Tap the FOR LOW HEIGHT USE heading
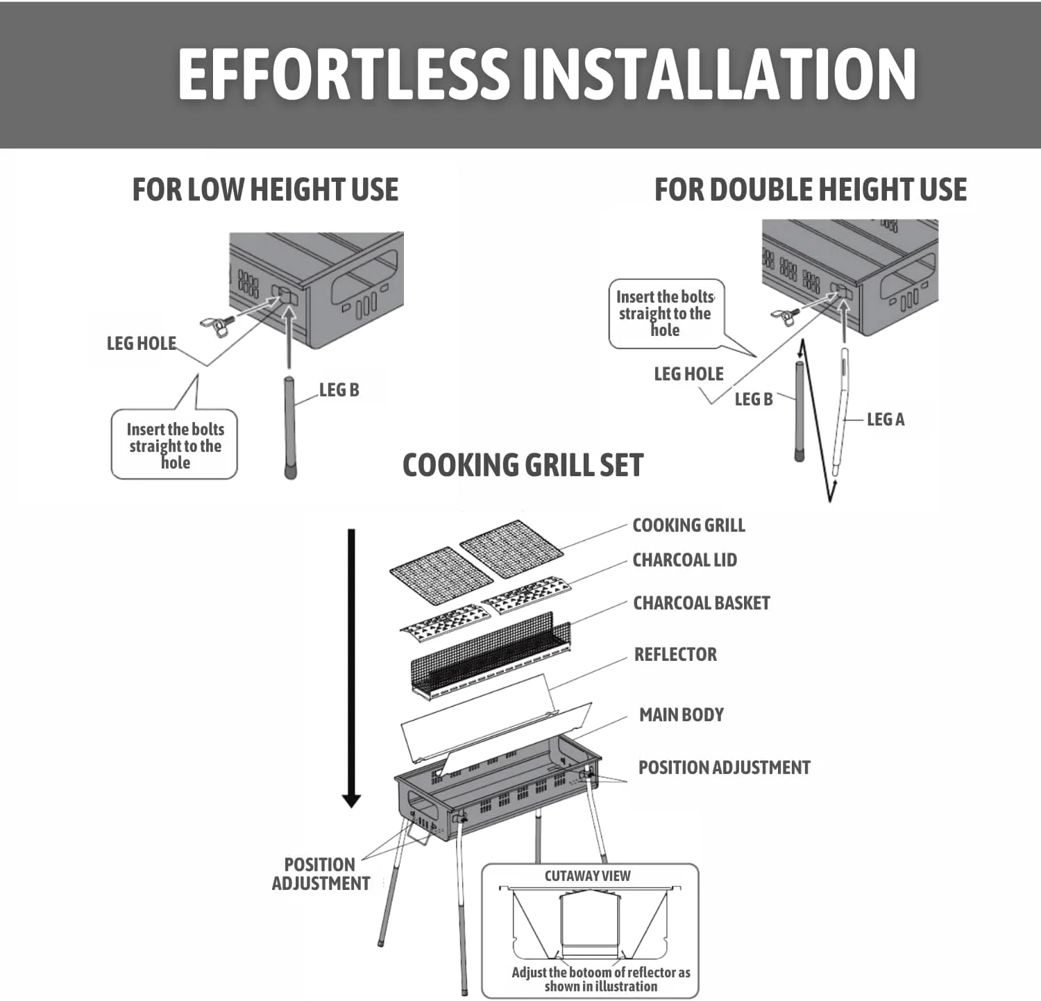point(265,190)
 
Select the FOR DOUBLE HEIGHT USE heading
point(811,190)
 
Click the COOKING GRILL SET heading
point(523,465)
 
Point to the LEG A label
point(886,419)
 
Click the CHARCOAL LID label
point(684,560)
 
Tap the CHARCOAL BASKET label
point(702,603)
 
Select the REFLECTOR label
point(675,655)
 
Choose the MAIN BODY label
point(682,714)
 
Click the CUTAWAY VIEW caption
point(587,876)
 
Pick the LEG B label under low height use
point(339,390)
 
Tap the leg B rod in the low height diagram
point(290,428)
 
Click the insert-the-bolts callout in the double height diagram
point(666,314)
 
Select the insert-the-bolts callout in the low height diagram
point(174,444)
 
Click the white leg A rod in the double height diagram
point(840,412)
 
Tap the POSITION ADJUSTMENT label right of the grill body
point(724,768)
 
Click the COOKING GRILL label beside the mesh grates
point(688,525)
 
